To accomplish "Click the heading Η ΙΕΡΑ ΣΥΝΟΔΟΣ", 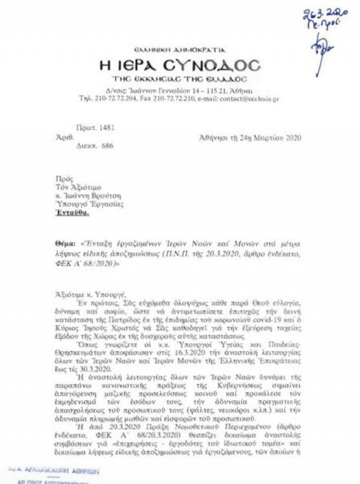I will (180, 65).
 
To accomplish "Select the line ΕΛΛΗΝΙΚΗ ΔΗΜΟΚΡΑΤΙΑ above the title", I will (178, 50).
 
